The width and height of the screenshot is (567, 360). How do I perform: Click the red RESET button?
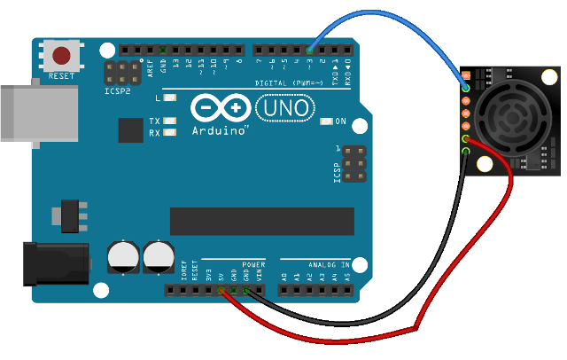(62, 56)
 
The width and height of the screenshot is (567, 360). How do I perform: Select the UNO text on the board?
(284, 108)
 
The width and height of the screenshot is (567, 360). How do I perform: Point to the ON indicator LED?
(328, 121)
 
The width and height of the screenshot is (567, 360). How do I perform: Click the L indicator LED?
(171, 98)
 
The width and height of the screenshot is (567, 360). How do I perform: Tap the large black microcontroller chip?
(262, 222)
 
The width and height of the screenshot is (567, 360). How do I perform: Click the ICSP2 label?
(116, 90)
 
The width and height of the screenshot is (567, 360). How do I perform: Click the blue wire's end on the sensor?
(466, 88)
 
